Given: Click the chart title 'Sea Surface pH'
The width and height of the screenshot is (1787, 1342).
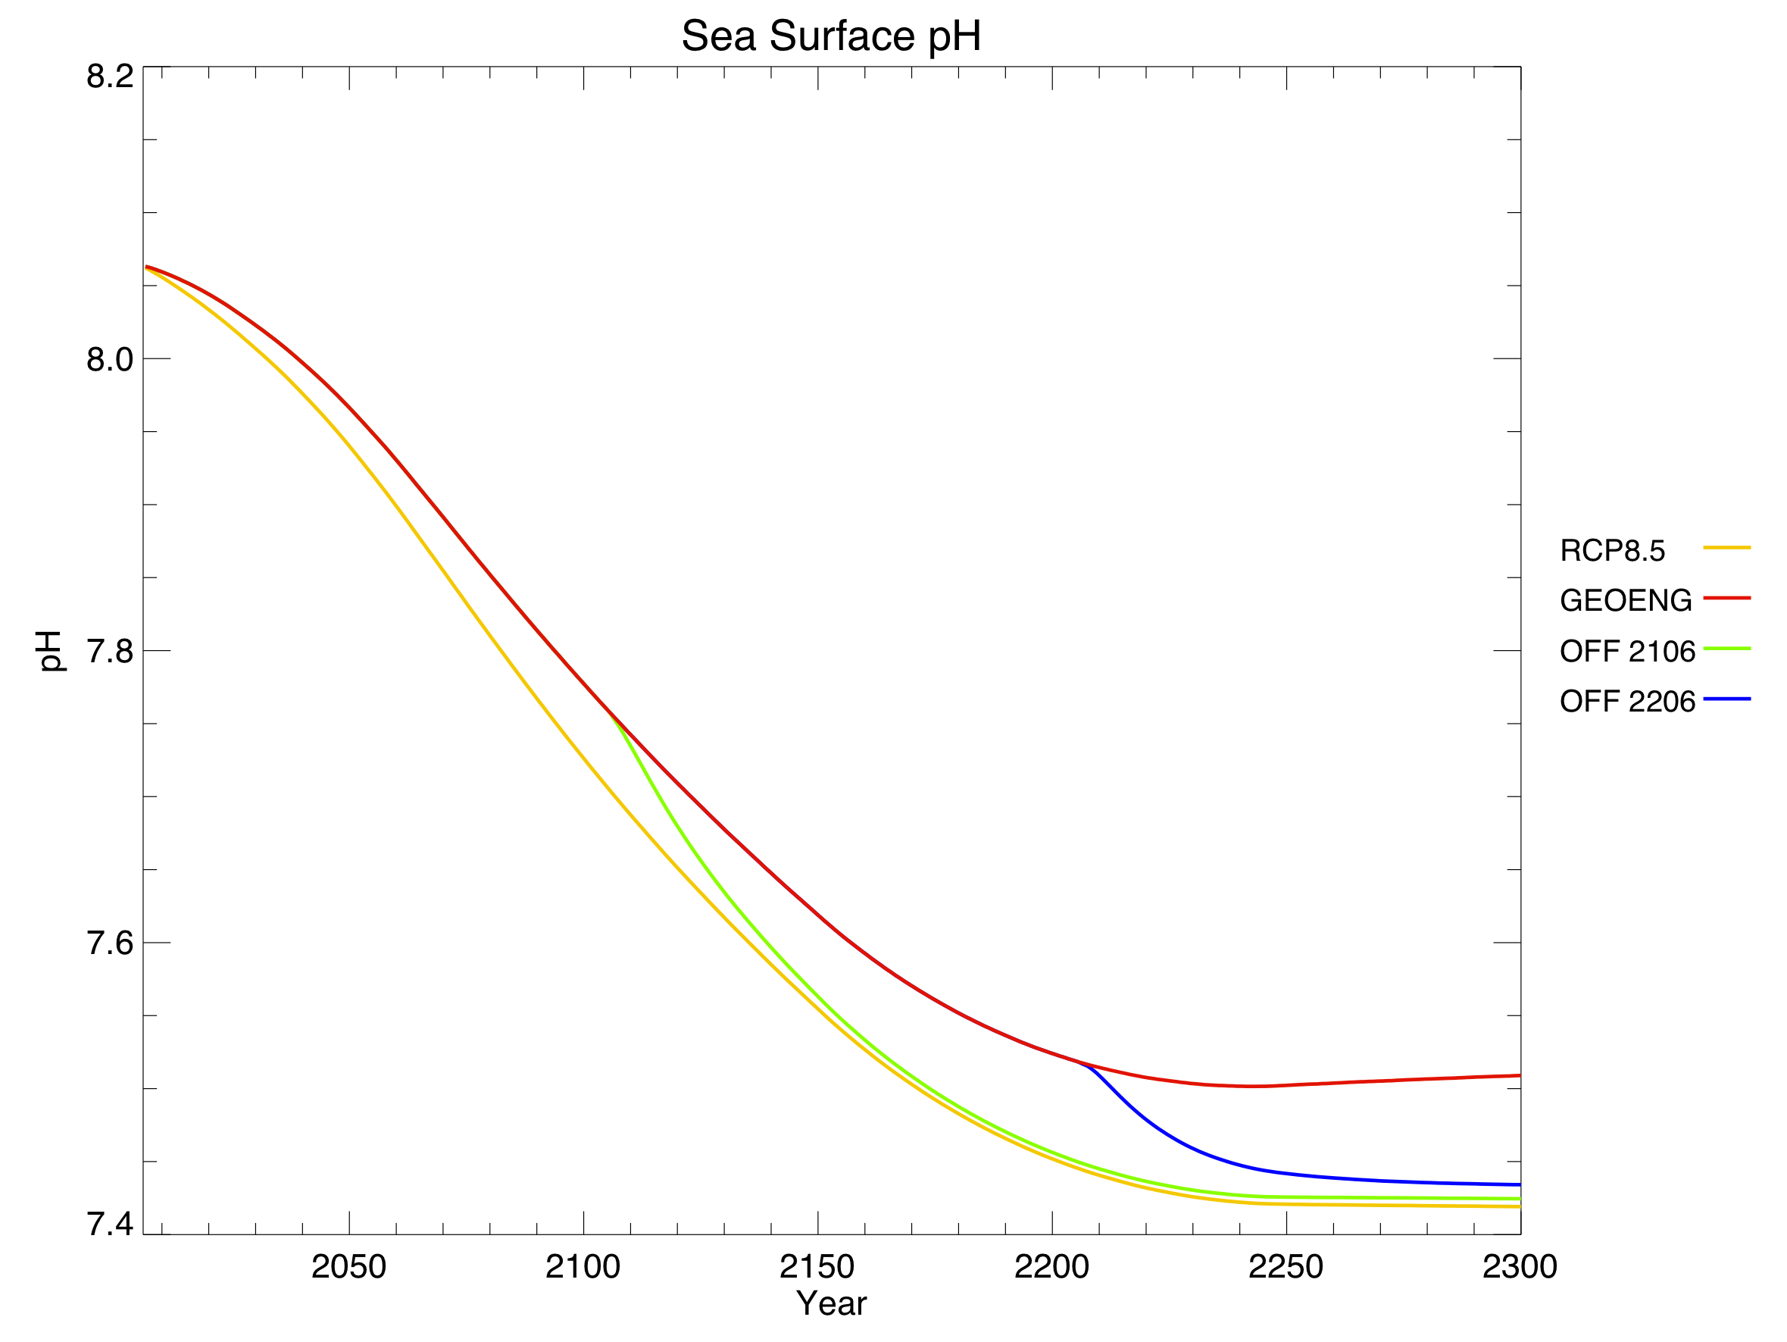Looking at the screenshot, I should (830, 36).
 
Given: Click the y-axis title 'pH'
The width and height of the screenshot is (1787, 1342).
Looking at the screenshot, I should (50, 650).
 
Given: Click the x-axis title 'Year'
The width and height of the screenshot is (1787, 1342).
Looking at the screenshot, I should (830, 1303).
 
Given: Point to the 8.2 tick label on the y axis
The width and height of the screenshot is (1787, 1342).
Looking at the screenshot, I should (110, 76).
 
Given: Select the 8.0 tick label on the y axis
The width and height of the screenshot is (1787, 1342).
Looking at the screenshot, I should (110, 359).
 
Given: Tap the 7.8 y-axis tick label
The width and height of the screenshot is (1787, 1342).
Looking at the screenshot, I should (110, 651).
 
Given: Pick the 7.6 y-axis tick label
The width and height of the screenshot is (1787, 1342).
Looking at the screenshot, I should (110, 943).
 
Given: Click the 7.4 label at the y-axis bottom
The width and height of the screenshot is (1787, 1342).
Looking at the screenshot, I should (110, 1225).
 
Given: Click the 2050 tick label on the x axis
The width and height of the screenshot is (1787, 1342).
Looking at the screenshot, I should (348, 1267).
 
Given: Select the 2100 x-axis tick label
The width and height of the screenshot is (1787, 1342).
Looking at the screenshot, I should (583, 1267).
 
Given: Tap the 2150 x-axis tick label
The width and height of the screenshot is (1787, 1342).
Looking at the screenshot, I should (817, 1267).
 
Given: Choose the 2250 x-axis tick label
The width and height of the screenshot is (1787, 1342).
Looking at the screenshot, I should (1286, 1267).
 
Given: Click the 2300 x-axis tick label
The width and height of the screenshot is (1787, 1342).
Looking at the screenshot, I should (1519, 1267).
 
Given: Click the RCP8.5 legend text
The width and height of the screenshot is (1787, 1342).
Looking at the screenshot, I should (1613, 551).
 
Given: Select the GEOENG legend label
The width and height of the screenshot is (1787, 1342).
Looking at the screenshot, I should (1626, 601).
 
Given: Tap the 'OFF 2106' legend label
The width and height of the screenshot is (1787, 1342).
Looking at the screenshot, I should (1627, 651).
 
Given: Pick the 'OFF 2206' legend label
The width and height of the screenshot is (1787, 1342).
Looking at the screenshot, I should (1627, 701).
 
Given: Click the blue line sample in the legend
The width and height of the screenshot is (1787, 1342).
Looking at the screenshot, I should (1727, 699).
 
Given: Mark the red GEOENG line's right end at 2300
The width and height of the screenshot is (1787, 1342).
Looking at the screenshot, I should (1520, 1075).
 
